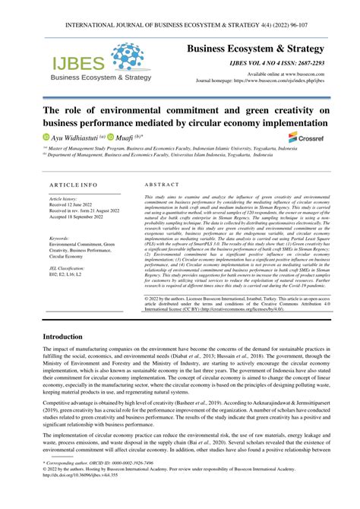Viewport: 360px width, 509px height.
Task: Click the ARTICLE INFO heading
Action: pyautogui.click(x=73, y=185)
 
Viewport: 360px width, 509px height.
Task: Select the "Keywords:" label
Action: pyautogui.click(x=58, y=239)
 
